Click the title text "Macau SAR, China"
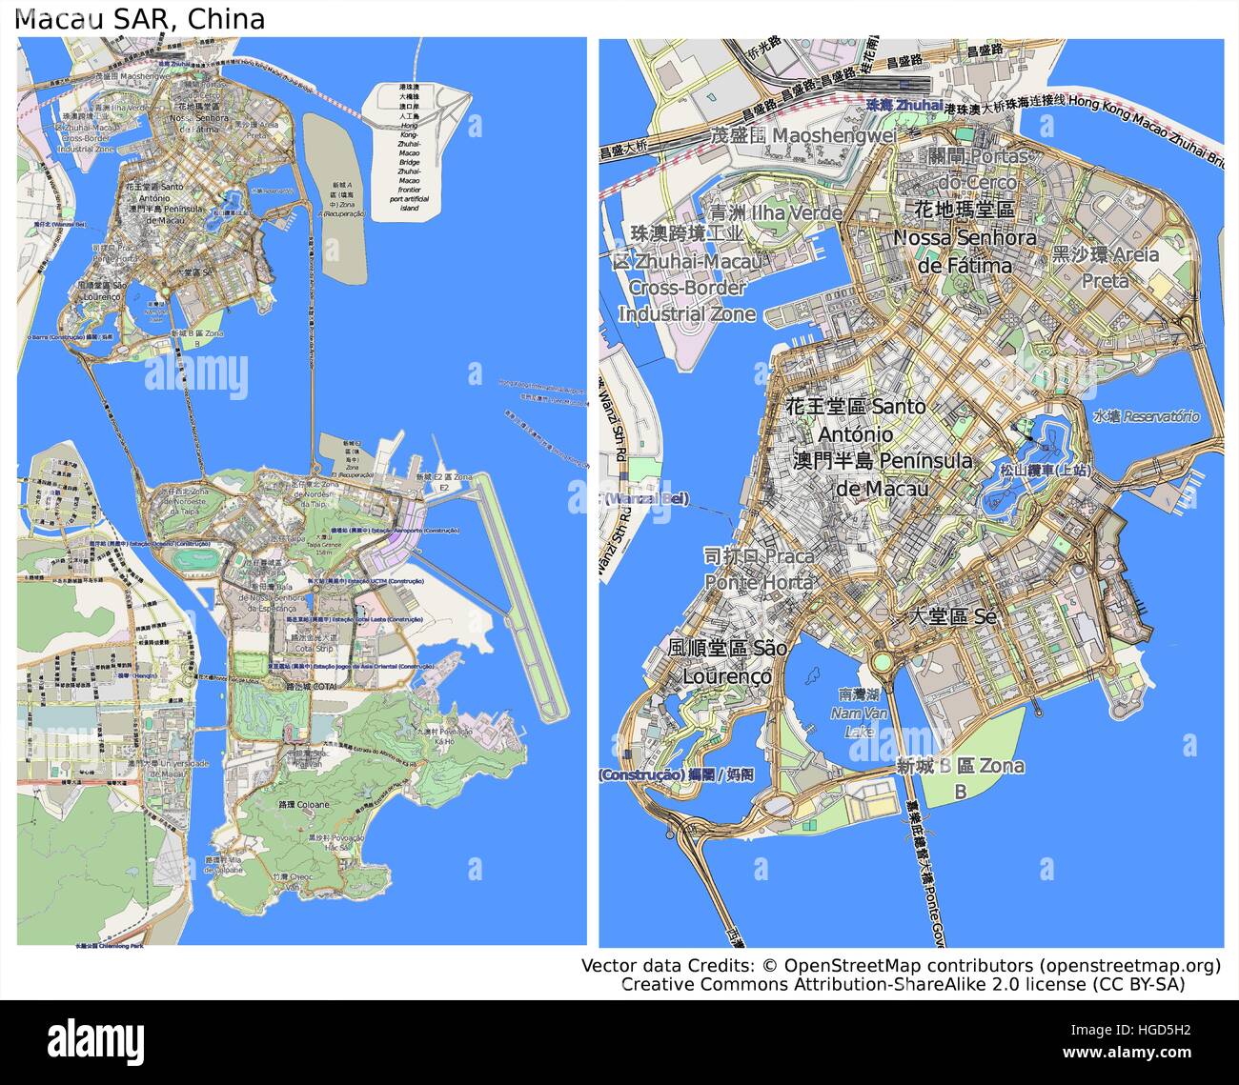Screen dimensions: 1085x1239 141,19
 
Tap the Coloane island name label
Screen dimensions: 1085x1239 303,805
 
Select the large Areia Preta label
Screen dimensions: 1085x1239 1106,267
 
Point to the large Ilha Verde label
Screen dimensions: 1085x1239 775,211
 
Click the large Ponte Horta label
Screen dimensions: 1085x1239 760,569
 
